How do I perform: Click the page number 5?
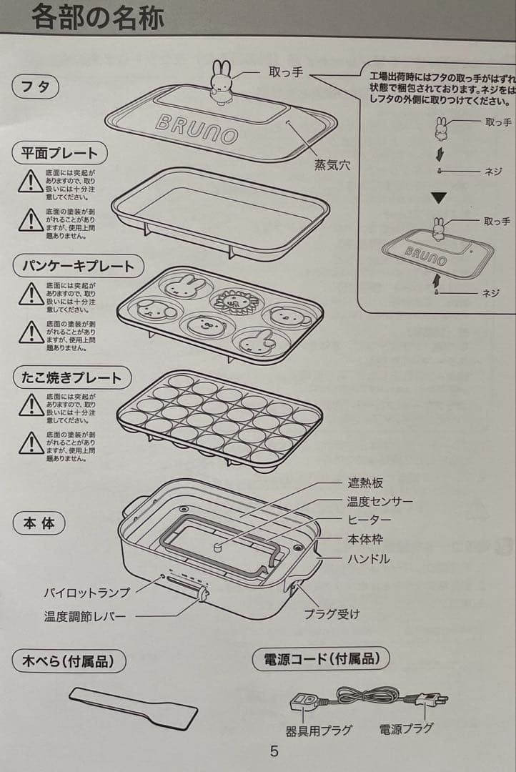coord(274,751)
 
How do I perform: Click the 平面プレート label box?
coord(59,152)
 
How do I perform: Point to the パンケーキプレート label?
coord(78,266)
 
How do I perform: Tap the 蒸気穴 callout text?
coord(332,165)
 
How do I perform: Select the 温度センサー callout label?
coord(380,502)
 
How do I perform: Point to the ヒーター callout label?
coord(369,520)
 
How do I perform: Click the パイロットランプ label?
coord(87,593)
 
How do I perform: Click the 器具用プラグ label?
coord(319,730)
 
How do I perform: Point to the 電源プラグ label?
coord(406,728)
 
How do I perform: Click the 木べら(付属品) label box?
coord(69,661)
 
